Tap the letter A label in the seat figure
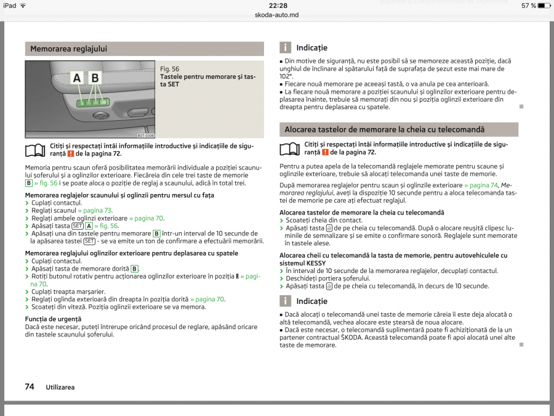point(77,78)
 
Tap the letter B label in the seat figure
point(95,78)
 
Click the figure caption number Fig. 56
point(169,69)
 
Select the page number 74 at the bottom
point(30,386)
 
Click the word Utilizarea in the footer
point(60,387)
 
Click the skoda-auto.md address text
point(276,14)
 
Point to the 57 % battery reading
point(529,6)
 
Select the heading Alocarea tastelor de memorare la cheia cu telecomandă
point(385,129)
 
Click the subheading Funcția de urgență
point(53,319)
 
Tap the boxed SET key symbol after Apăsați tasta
point(78,226)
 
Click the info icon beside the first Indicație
point(285,47)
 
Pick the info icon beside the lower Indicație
point(285,301)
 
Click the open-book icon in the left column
point(36,149)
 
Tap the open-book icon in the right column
point(290,149)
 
